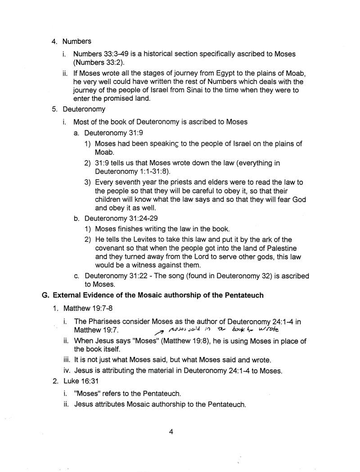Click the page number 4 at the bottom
(171, 432)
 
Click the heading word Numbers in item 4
(77, 41)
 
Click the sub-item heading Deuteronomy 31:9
(114, 133)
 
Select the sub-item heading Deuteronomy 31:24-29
(121, 219)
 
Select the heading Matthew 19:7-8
(86, 309)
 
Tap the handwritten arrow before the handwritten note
(159, 332)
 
